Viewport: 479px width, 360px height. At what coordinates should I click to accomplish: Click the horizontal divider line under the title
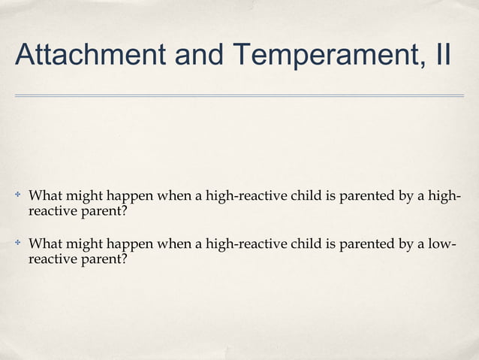click(x=239, y=95)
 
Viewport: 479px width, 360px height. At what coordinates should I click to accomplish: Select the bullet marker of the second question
click(x=17, y=244)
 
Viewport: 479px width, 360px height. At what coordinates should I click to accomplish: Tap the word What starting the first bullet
click(x=44, y=198)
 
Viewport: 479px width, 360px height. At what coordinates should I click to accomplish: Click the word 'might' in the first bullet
click(x=84, y=198)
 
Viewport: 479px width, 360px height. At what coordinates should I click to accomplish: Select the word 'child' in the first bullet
click(x=305, y=198)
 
